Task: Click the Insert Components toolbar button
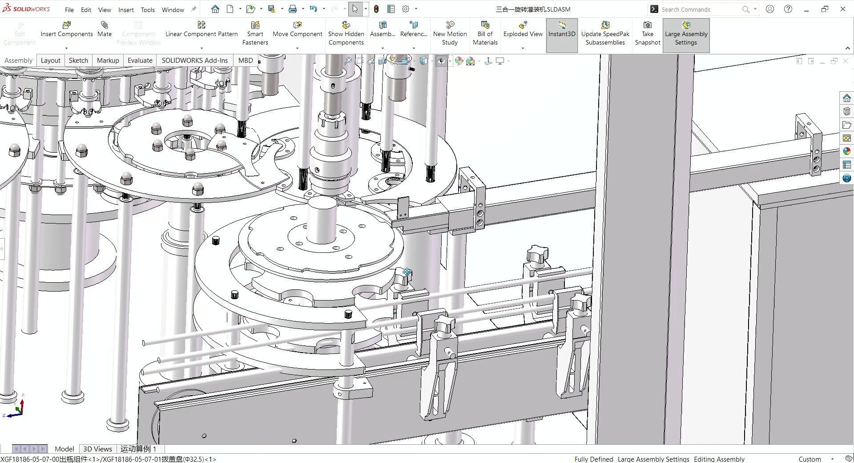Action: point(66,29)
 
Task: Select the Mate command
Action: point(105,29)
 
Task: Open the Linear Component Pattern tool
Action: point(201,29)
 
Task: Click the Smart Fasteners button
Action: point(255,33)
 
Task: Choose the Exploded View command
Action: point(523,29)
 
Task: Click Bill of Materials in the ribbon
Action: point(485,33)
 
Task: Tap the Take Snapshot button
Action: point(647,33)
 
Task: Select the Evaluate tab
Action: point(140,61)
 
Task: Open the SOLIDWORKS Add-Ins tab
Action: point(194,61)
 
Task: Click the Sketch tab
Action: point(78,61)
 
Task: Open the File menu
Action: point(69,10)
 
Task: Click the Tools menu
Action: point(148,10)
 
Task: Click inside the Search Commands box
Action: point(698,9)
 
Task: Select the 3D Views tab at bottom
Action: point(97,449)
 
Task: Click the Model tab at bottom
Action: point(64,449)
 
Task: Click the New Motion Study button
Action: point(450,33)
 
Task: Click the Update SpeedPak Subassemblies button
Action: point(605,33)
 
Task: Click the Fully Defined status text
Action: point(593,459)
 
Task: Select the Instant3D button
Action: point(562,29)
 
